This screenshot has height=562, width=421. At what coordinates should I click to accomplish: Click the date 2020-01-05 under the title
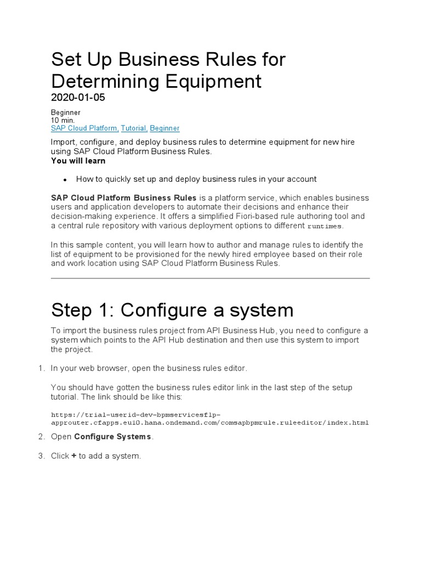click(78, 98)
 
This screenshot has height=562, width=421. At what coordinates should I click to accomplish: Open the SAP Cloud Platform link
click(84, 128)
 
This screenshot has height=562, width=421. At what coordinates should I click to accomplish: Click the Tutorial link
click(134, 128)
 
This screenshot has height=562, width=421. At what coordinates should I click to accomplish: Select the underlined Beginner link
click(164, 128)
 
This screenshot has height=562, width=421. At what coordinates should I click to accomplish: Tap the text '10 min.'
click(62, 120)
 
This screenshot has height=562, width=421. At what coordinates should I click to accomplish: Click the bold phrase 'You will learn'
click(78, 161)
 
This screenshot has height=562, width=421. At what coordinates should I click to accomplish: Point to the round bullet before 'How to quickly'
click(65, 179)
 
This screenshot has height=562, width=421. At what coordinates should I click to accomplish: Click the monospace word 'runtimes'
click(325, 226)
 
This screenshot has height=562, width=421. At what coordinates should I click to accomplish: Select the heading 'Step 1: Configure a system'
click(172, 310)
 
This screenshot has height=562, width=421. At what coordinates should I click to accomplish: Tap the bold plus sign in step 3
click(73, 456)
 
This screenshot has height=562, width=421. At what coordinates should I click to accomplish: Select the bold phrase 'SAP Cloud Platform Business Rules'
click(123, 198)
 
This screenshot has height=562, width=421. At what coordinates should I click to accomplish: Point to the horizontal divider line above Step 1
click(210, 278)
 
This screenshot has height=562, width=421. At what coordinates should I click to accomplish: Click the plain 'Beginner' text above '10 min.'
click(66, 113)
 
